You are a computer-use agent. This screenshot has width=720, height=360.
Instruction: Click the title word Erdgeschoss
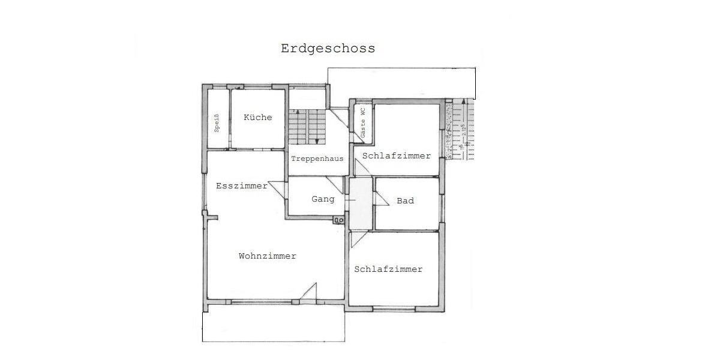(x=328, y=49)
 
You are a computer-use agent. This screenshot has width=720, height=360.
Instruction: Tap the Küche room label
(x=257, y=118)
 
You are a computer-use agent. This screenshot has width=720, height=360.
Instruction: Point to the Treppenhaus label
(x=317, y=159)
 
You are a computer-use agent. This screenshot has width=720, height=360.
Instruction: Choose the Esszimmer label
(x=241, y=186)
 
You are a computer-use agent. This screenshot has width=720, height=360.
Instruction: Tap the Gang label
(x=322, y=199)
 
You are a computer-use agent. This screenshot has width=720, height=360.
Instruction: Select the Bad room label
(x=405, y=200)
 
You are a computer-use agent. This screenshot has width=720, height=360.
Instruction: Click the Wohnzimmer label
(x=268, y=256)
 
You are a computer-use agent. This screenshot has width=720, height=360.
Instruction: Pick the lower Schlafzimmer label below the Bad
(x=388, y=269)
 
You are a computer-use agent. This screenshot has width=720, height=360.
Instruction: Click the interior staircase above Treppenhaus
(x=306, y=127)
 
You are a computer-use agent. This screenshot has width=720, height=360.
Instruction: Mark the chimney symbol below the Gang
(x=339, y=220)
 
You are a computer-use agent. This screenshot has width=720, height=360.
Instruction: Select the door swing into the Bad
(x=380, y=199)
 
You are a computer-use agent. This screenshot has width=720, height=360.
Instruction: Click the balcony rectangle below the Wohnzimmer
(x=274, y=326)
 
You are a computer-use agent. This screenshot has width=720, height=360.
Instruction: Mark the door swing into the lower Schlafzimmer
(x=358, y=238)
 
